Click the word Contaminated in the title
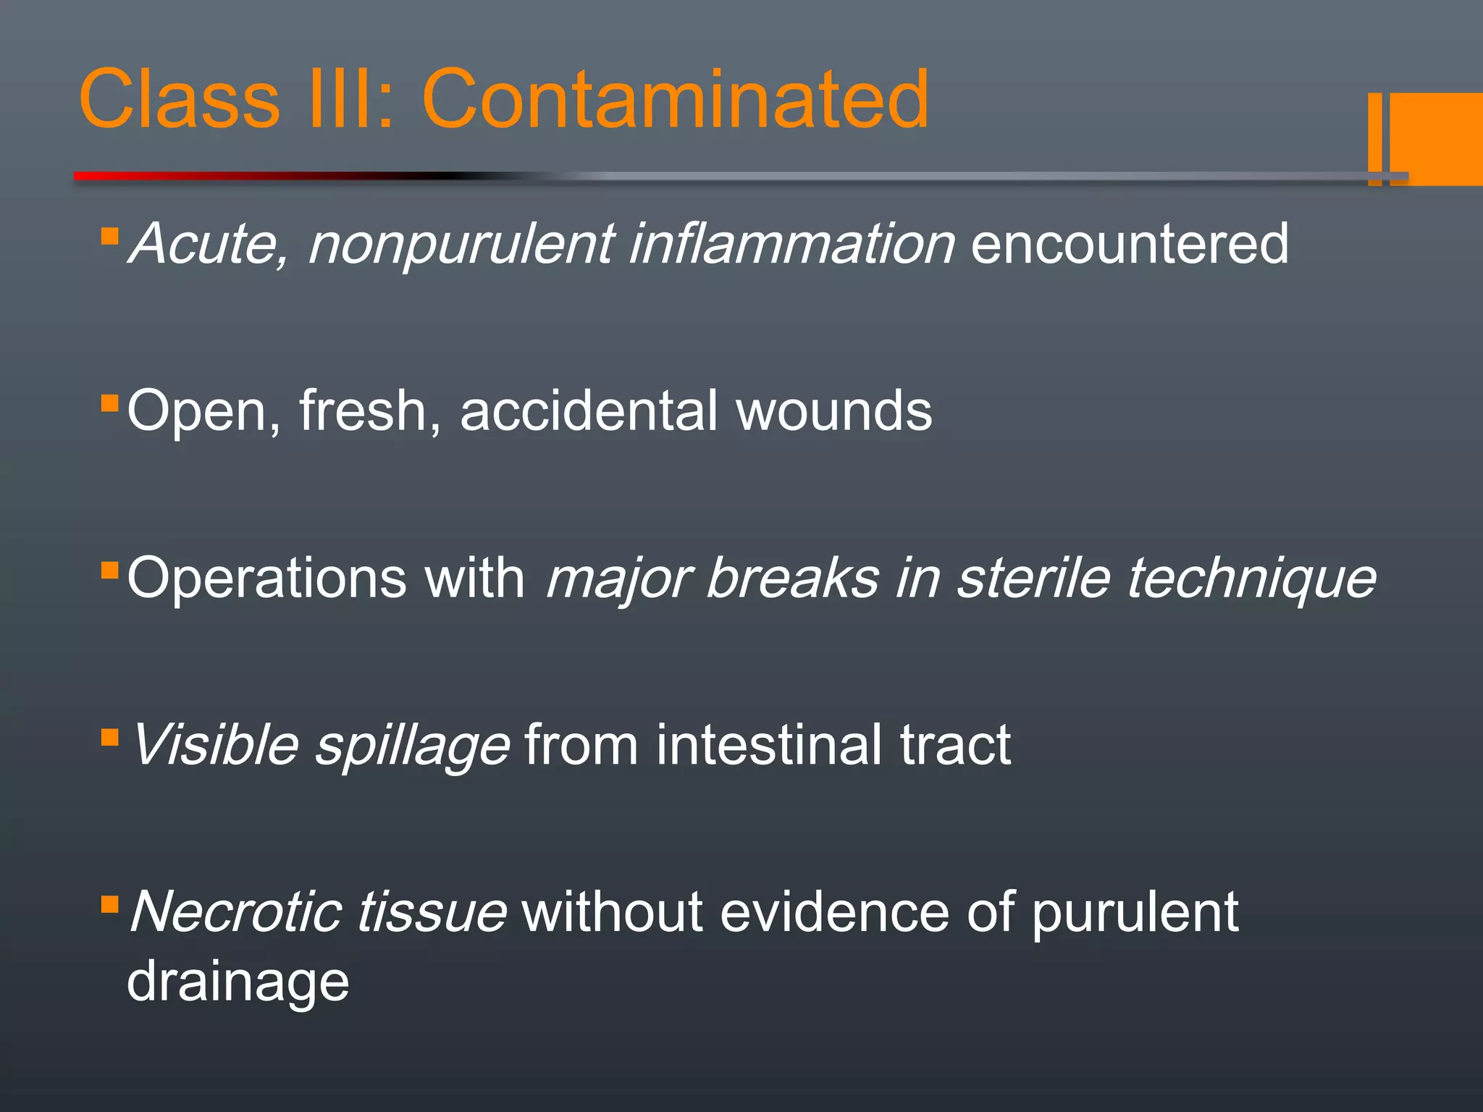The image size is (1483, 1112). pyautogui.click(x=675, y=99)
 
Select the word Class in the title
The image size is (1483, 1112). pyautogui.click(x=179, y=99)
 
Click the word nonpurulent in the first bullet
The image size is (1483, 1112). pyautogui.click(x=461, y=244)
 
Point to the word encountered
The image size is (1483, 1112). pyautogui.click(x=1129, y=244)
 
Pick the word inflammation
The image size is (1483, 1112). pyautogui.click(x=791, y=244)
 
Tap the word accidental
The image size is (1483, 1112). pyautogui.click(x=589, y=410)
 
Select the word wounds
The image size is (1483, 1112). pyautogui.click(x=833, y=410)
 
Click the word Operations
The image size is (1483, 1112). pyautogui.click(x=266, y=578)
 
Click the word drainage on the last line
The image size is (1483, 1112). pyautogui.click(x=238, y=982)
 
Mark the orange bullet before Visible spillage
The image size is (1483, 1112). pyautogui.click(x=109, y=738)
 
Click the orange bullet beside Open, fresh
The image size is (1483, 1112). pyautogui.click(x=109, y=403)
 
